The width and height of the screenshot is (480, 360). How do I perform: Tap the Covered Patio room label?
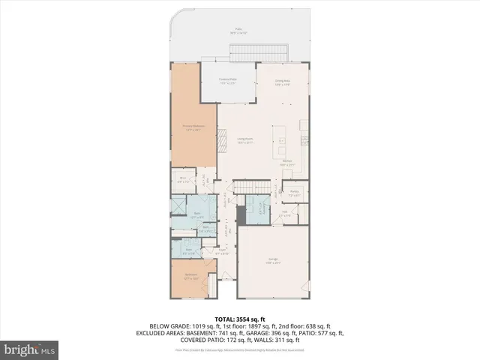(x=228, y=81)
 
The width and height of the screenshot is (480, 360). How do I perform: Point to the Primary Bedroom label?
(x=194, y=127)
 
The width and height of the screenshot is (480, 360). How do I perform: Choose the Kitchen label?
(x=287, y=163)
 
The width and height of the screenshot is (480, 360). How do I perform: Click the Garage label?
(x=273, y=262)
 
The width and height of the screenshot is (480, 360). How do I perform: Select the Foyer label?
(x=223, y=252)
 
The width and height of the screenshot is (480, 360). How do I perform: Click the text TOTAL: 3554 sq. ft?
(x=239, y=318)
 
